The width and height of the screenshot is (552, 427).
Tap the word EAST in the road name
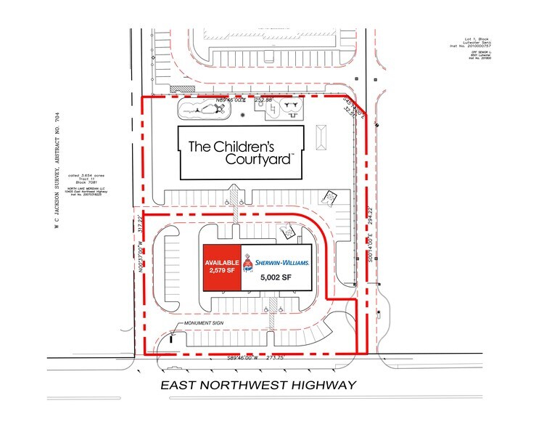click(183, 385)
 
